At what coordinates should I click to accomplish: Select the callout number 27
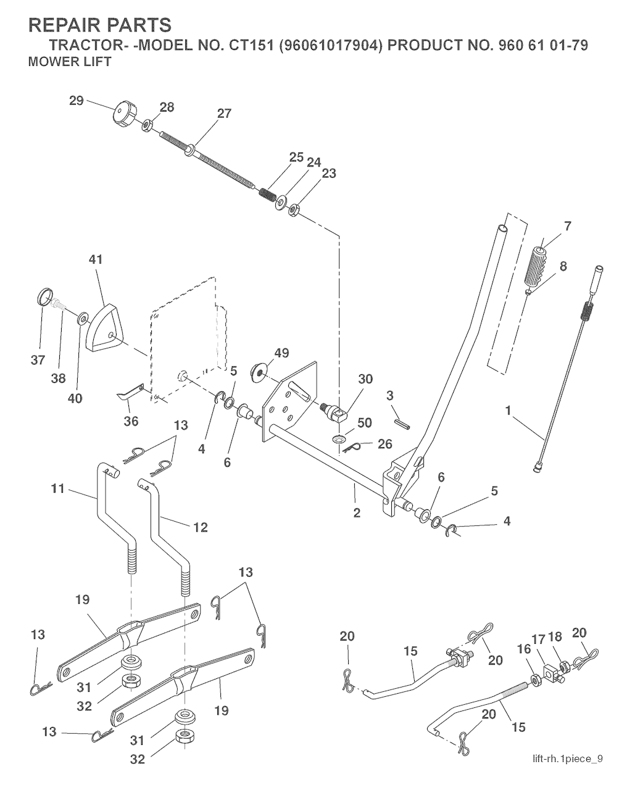223,113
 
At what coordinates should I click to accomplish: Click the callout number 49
281,353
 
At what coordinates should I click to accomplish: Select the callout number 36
131,421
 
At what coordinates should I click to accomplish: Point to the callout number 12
200,527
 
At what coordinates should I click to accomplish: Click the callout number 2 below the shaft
357,512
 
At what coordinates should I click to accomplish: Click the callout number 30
365,379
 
